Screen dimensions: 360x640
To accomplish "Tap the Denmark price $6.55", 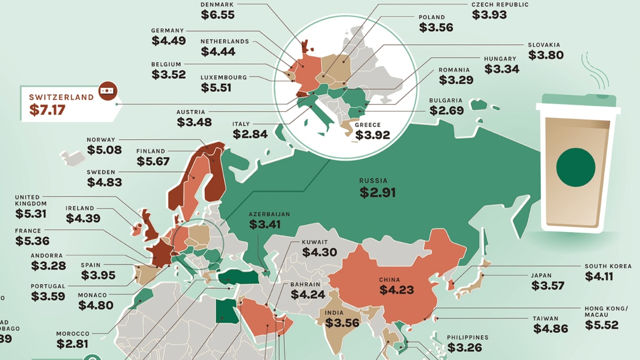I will [x=218, y=15].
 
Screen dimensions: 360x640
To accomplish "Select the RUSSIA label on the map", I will [x=377, y=181].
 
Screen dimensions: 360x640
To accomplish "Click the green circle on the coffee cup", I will [x=575, y=167].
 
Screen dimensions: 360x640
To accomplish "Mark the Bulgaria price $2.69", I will [x=446, y=111].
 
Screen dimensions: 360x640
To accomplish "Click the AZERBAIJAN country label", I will [x=269, y=214].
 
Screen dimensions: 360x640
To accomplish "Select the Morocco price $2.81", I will [x=73, y=345].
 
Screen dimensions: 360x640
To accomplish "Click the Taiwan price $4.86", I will [x=550, y=329].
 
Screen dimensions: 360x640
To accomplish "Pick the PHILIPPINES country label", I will [x=467, y=338].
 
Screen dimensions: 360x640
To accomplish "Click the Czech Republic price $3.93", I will [x=489, y=15].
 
